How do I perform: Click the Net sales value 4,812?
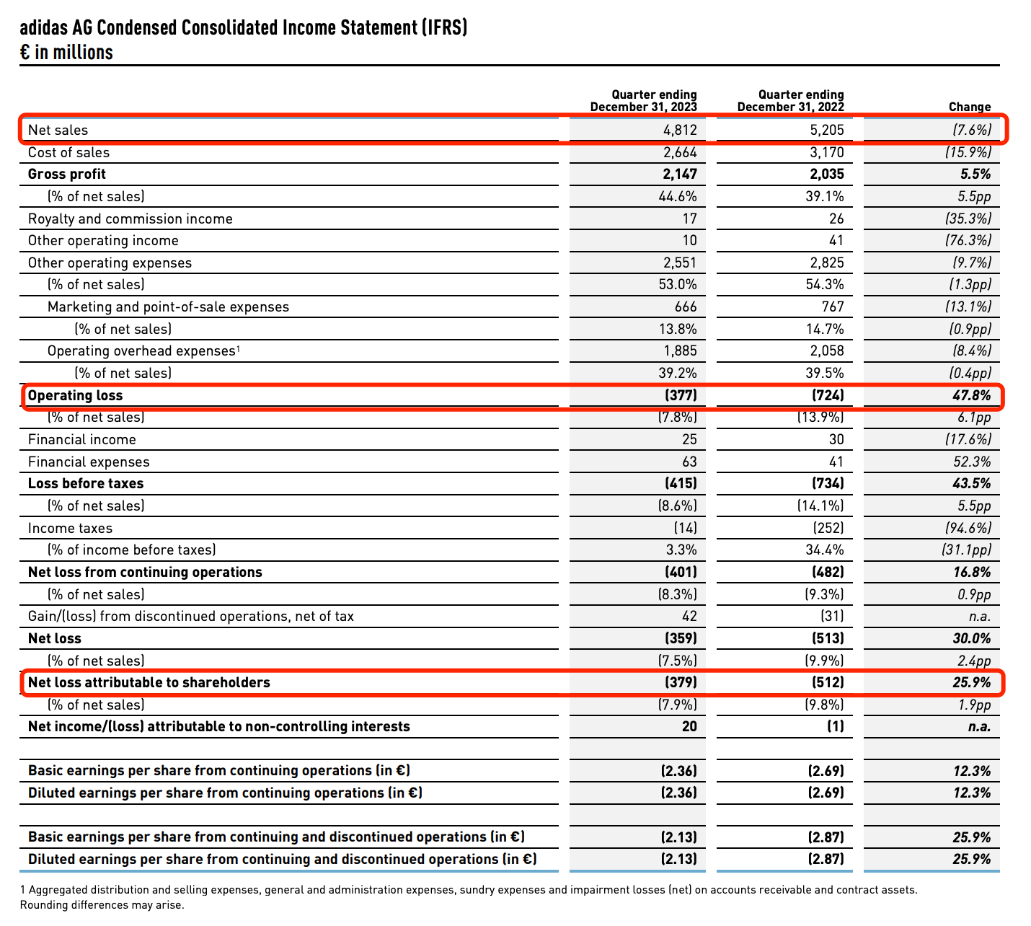pyautogui.click(x=680, y=130)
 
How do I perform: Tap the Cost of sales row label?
pyautogui.click(x=68, y=152)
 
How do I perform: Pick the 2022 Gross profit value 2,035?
pyautogui.click(x=824, y=174)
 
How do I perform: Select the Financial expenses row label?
pyautogui.click(x=89, y=462)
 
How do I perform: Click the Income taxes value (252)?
pyautogui.click(x=828, y=528)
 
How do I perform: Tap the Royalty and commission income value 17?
pyautogui.click(x=689, y=219)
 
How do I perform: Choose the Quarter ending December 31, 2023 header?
pyautogui.click(x=643, y=101)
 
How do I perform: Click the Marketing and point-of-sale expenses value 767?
pyautogui.click(x=832, y=307)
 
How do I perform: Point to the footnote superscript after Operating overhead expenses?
pyautogui.click(x=238, y=348)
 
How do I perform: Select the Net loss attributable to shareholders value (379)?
pyautogui.click(x=680, y=682)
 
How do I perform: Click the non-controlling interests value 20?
pyautogui.click(x=689, y=726)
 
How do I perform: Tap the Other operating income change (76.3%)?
pyautogui.click(x=968, y=240)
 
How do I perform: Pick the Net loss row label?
pyautogui.click(x=55, y=638)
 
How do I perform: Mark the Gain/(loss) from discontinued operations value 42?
pyautogui.click(x=689, y=616)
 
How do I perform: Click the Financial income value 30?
pyautogui.click(x=835, y=439)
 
